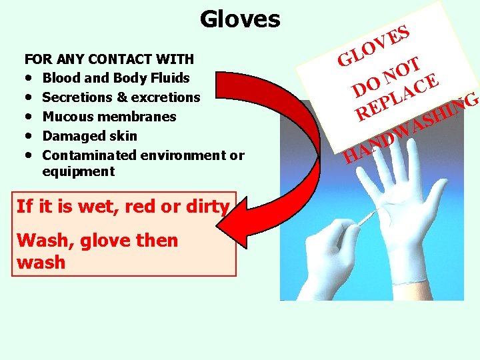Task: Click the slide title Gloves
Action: (240, 19)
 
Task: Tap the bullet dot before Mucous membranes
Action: (29, 117)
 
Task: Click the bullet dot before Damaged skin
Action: (29, 137)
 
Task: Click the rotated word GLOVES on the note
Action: (374, 45)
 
